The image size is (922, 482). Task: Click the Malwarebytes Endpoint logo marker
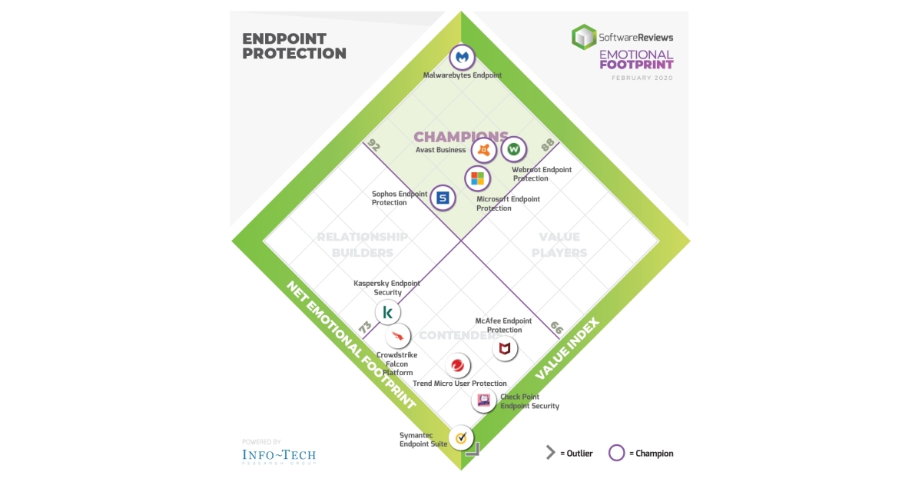(463, 58)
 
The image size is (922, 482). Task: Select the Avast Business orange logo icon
(483, 150)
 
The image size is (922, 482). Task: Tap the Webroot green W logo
(514, 149)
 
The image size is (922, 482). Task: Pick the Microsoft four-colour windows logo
(477, 179)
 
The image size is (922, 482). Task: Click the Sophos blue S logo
(443, 198)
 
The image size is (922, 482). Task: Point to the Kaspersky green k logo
(388, 313)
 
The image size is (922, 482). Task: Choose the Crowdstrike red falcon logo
(398, 336)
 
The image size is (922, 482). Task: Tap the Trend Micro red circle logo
(458, 365)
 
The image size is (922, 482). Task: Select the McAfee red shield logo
(504, 350)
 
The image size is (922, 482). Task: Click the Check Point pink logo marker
(484, 400)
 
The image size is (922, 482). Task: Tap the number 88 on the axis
(548, 144)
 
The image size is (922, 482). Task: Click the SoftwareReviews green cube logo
(584, 36)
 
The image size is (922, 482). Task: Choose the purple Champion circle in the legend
(616, 453)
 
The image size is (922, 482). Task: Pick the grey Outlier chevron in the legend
(550, 453)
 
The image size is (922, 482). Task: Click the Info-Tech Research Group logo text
(278, 455)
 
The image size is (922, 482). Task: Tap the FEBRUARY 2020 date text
(642, 78)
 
